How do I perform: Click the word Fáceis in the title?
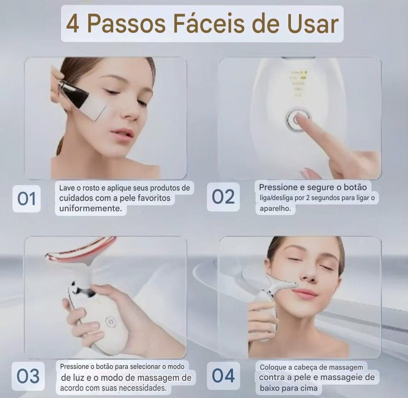click(209, 23)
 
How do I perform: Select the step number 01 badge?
click(27, 199)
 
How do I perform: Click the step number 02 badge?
click(223, 197)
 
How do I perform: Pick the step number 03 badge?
click(28, 376)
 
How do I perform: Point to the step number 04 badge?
click(223, 376)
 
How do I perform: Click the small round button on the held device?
click(110, 322)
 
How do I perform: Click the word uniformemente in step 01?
click(90, 208)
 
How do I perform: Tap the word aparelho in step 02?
click(275, 209)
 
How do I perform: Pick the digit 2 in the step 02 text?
click(308, 198)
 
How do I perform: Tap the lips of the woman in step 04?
click(305, 293)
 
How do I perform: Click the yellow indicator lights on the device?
click(299, 83)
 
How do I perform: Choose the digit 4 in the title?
click(73, 24)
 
